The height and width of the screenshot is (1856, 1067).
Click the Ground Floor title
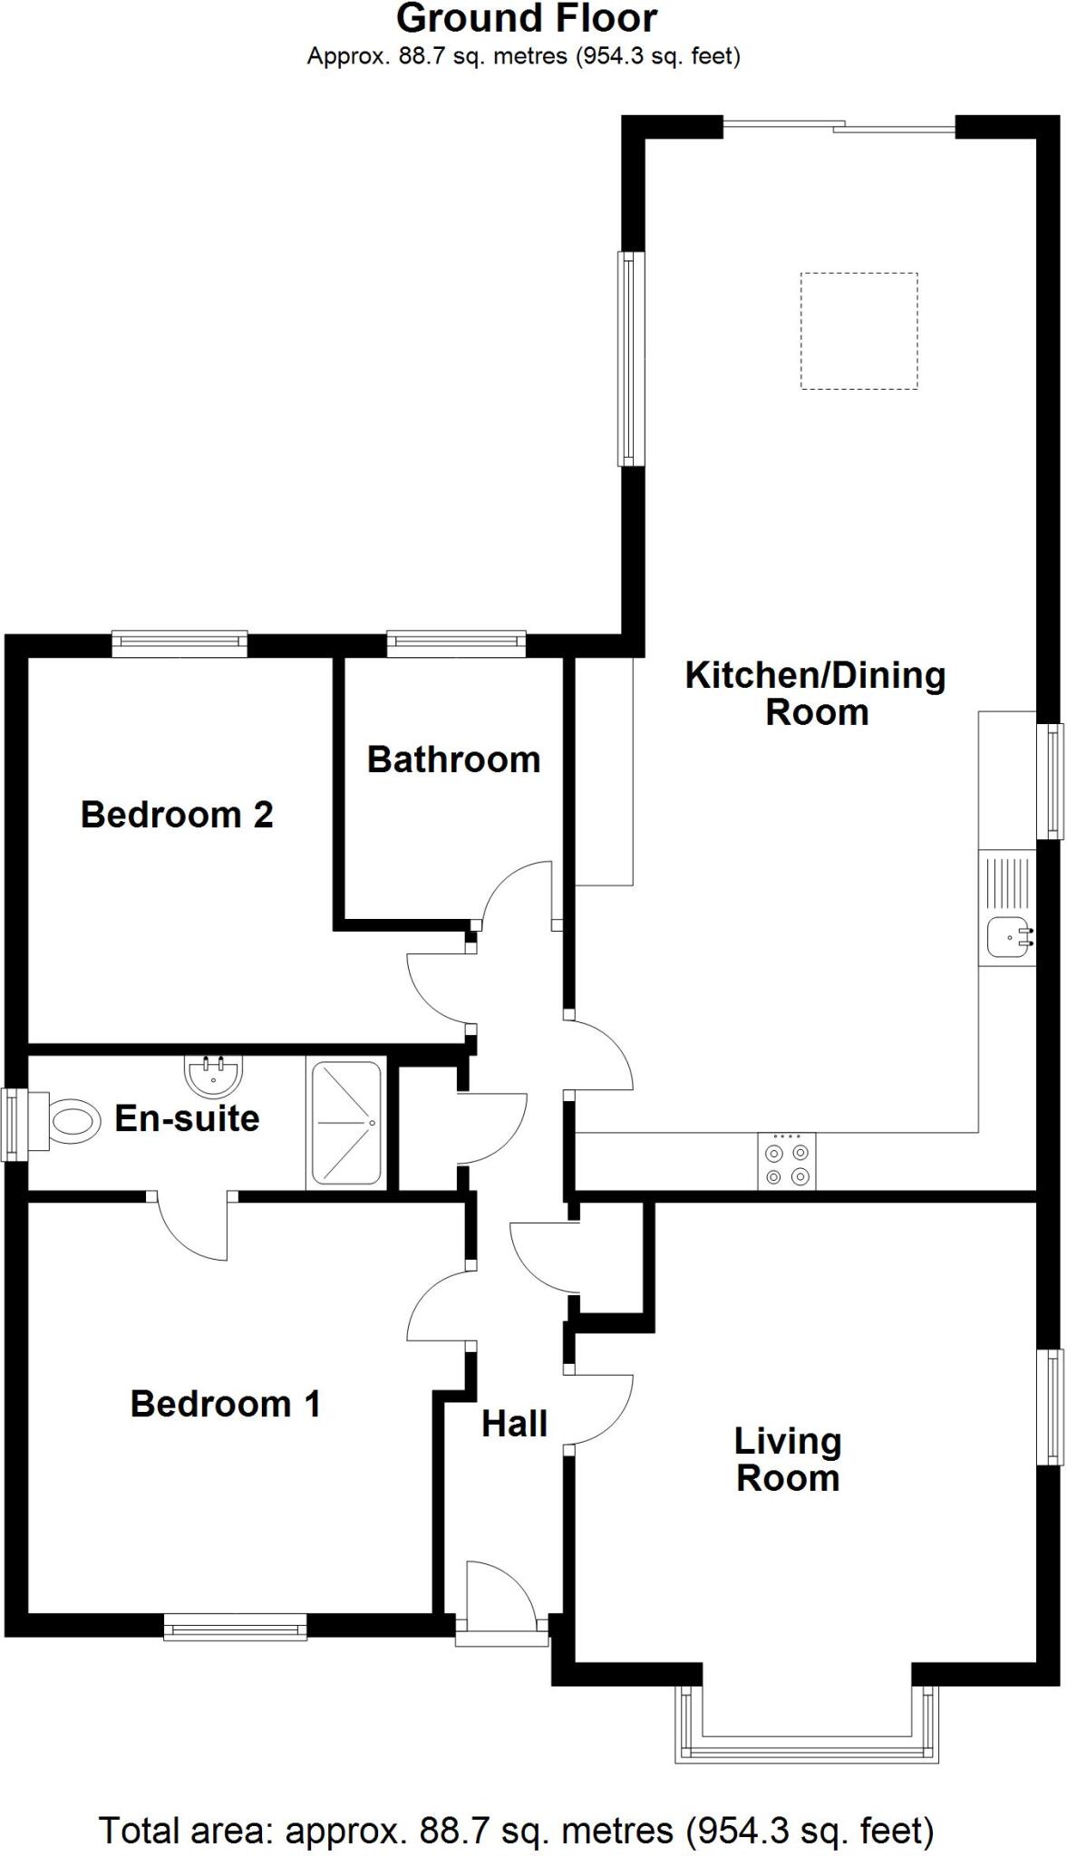[526, 18]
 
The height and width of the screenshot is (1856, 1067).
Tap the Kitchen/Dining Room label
[815, 693]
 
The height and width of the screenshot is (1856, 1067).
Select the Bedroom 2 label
[177, 815]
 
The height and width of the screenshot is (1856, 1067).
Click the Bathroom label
[453, 759]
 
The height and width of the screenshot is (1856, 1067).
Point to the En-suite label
[187, 1118]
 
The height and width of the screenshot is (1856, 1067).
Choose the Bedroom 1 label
[225, 1404]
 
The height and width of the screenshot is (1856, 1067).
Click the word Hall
[514, 1424]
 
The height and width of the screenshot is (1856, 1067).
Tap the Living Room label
[787, 1459]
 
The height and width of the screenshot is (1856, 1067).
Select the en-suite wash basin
[213, 1076]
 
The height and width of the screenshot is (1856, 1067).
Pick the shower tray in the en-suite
[346, 1123]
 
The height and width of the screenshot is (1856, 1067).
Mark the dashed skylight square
[858, 331]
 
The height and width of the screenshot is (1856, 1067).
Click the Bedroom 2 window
[179, 643]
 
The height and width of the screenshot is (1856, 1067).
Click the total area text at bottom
[515, 1831]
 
